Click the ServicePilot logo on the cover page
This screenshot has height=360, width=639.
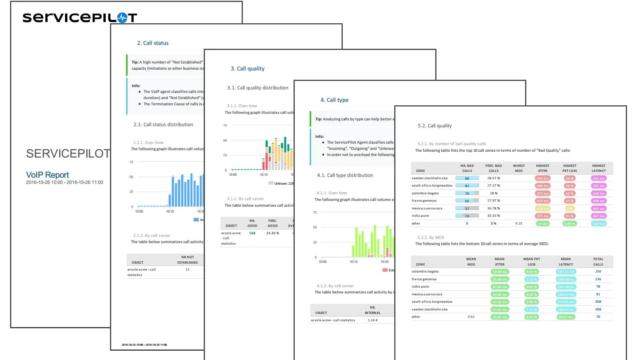(x=79, y=17)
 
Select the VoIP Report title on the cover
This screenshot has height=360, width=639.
(x=47, y=175)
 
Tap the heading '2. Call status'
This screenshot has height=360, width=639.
(x=153, y=43)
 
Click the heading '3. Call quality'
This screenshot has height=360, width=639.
(x=247, y=69)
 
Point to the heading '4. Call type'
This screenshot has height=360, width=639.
(x=334, y=100)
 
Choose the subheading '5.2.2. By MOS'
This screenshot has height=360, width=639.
(x=431, y=237)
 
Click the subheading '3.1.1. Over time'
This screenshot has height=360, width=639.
(x=242, y=106)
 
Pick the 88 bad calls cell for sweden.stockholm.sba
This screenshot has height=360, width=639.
(x=467, y=178)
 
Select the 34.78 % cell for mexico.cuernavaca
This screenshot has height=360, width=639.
(x=493, y=208)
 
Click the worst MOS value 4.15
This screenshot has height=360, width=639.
(x=519, y=223)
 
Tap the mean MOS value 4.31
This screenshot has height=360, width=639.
(x=471, y=317)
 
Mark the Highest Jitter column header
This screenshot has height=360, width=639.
(x=543, y=168)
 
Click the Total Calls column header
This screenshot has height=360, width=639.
(x=598, y=262)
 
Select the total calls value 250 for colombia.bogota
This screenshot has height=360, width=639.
(x=598, y=271)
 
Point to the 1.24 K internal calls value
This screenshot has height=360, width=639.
(x=373, y=320)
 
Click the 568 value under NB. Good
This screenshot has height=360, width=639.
(x=252, y=233)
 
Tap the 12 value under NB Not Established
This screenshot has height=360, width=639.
(x=187, y=269)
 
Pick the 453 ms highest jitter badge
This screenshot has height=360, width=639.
(x=542, y=178)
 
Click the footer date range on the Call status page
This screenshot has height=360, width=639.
(x=144, y=345)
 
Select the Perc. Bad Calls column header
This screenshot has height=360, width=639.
(x=493, y=168)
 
